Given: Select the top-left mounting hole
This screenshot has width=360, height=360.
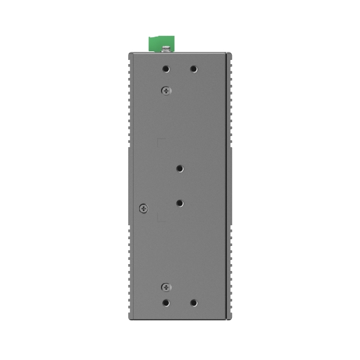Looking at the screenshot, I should tap(166, 69).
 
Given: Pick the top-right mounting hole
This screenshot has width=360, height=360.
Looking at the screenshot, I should tap(193, 69).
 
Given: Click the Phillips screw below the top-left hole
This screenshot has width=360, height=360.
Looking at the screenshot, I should tap(166, 90).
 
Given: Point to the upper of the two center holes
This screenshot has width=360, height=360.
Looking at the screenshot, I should tap(180, 168).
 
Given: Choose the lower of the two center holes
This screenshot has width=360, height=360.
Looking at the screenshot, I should tap(180, 202).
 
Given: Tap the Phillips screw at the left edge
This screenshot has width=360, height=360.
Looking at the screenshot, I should tap(143, 207).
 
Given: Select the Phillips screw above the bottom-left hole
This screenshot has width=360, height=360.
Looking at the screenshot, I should tap(166, 287).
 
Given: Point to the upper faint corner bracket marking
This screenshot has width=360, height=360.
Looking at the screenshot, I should tap(160, 142).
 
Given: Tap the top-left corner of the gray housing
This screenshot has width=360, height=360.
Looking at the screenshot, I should tap(129, 54).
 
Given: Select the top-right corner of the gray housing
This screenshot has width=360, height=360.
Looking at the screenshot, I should tap(231, 54).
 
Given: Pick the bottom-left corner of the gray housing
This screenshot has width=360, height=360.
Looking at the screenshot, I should tap(129, 319).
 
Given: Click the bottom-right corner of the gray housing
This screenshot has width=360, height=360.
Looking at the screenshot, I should tap(231, 319).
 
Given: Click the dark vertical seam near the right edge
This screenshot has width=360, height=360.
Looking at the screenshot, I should tap(228, 183).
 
